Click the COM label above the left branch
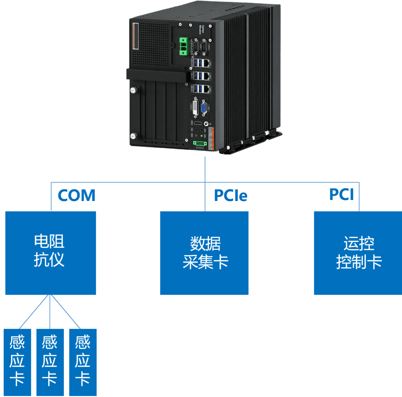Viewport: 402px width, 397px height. coord(77,195)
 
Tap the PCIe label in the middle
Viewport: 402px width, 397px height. coord(230,196)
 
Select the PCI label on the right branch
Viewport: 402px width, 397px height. coord(341,194)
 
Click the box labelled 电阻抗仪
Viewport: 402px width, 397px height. coord(51,253)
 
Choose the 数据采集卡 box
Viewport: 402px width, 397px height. coord(204,253)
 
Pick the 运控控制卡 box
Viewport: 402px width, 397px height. coord(357,253)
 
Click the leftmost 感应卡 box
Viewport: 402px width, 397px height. coord(17,362)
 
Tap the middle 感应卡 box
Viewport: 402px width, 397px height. coord(50,362)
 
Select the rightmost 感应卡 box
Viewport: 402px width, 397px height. coord(83,362)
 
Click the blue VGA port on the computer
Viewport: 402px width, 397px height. coord(203,109)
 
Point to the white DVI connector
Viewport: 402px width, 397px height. coord(195,107)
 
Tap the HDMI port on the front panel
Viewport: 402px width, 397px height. coord(198,123)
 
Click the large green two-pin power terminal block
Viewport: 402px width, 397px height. coord(183,46)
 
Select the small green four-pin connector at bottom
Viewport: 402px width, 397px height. coord(200,143)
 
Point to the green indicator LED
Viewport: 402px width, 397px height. coord(202,136)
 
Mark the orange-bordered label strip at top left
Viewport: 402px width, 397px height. coord(135,36)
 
